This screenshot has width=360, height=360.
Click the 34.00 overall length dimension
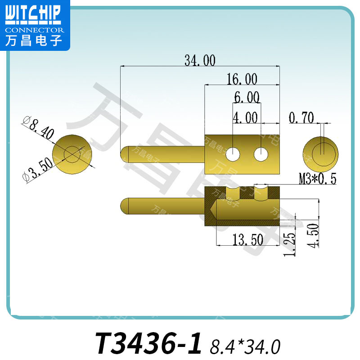click(x=200, y=60)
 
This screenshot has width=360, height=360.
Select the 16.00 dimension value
click(x=242, y=80)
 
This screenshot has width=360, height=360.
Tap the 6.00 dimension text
click(x=247, y=97)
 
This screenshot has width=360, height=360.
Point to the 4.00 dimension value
click(x=245, y=118)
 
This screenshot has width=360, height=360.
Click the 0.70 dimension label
click(x=301, y=118)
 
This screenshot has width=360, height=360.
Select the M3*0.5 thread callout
click(x=318, y=179)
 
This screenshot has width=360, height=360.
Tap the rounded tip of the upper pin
click(x=125, y=154)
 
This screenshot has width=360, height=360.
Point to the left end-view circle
click(x=72, y=153)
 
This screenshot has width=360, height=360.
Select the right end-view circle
click(x=320, y=152)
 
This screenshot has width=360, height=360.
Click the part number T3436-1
click(x=148, y=343)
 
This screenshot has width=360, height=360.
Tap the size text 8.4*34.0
click(x=245, y=346)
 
